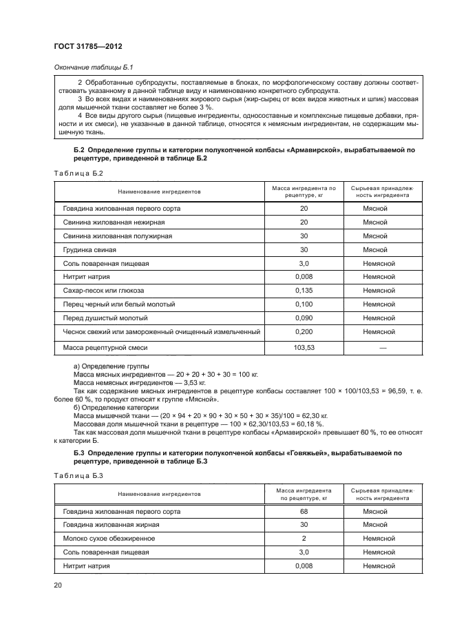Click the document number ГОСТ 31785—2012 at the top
[x=85, y=48]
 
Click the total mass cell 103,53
[x=304, y=348]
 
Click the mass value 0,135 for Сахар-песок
[x=304, y=290]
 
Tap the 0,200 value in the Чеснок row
[x=304, y=331]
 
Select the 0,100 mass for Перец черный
[x=304, y=304]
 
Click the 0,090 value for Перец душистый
[x=304, y=318]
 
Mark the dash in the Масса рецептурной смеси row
[x=383, y=348]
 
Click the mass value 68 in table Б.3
[x=304, y=512]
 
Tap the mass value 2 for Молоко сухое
[x=304, y=539]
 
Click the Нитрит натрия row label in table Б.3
[x=87, y=566]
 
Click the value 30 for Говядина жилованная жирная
[x=304, y=525]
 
